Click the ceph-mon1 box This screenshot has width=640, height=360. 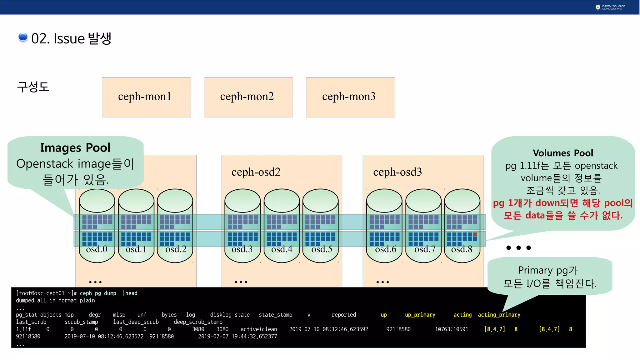tap(146, 97)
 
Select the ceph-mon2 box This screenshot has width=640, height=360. tap(248, 97)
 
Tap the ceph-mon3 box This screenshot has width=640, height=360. tap(350, 97)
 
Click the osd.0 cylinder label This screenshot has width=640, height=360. tap(97, 249)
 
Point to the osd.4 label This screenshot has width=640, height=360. tap(282, 249)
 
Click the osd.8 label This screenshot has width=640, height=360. tap(462, 249)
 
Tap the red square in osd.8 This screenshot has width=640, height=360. tap(475, 234)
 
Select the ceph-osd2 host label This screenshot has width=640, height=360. tap(256, 172)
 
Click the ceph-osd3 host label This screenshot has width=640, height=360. tap(397, 172)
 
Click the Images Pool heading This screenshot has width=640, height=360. tap(75, 148)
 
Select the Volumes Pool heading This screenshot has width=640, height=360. tap(563, 153)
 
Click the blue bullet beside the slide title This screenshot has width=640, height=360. tap(23, 37)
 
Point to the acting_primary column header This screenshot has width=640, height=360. tap(499, 315)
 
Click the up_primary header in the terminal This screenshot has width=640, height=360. tap(420, 315)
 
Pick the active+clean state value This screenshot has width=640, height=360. tap(259, 329)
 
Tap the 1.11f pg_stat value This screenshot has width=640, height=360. tap(23, 329)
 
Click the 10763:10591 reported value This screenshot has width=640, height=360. tap(451, 329)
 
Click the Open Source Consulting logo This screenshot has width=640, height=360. tap(610, 7)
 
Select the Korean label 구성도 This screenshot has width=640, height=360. tap(33, 87)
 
